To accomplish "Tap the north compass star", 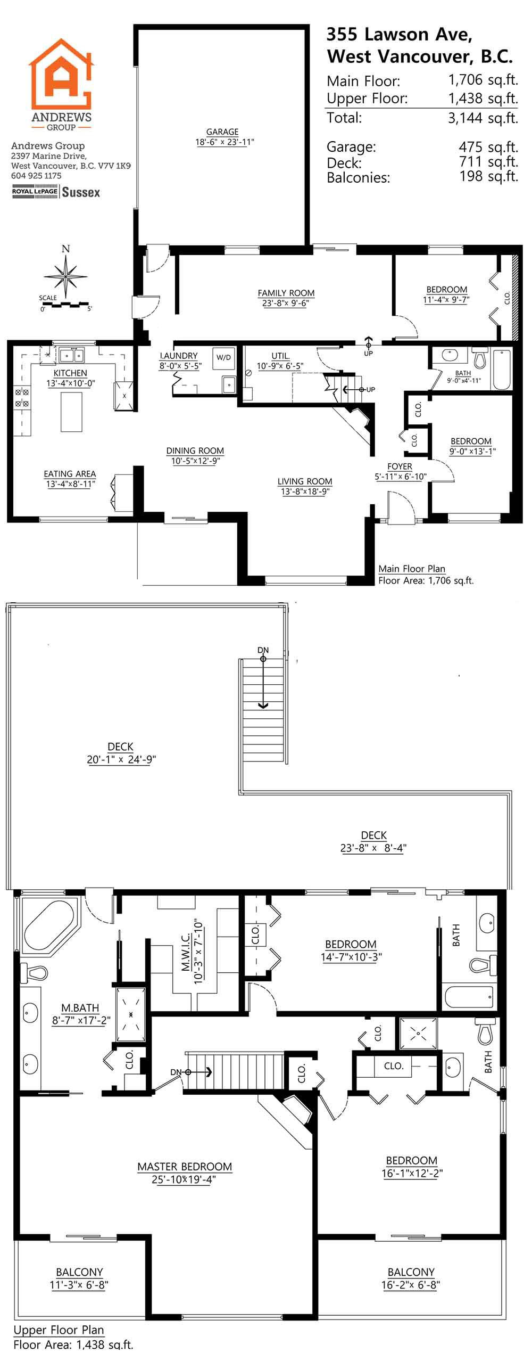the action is (x=65, y=276).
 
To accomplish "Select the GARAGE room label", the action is (x=222, y=132).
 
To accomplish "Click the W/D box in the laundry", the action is (x=223, y=358).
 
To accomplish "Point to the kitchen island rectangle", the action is (x=72, y=412).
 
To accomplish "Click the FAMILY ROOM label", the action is (x=286, y=293).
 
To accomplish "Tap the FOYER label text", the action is (x=400, y=466).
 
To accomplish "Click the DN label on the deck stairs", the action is (x=263, y=650).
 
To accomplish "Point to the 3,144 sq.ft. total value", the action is (x=483, y=118).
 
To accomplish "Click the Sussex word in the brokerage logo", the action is (x=81, y=192).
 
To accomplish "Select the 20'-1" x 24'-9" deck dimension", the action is (x=121, y=759).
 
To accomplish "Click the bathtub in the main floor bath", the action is (x=502, y=370).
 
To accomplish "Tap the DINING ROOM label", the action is (x=195, y=450).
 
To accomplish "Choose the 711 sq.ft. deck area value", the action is (x=489, y=161).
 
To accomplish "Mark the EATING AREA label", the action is (x=70, y=473).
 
